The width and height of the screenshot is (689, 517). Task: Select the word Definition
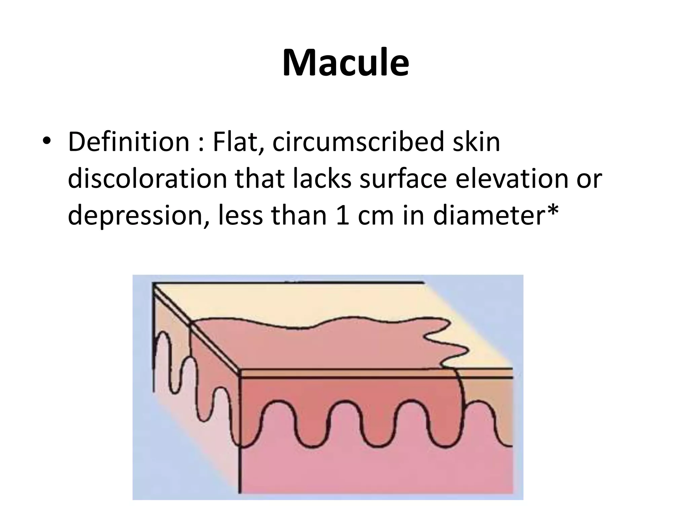(x=129, y=142)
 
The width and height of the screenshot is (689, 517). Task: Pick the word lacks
(x=322, y=178)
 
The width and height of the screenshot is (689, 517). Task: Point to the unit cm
(x=375, y=215)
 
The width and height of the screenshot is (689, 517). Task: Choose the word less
(x=240, y=215)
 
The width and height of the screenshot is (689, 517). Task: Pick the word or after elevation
(x=589, y=178)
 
